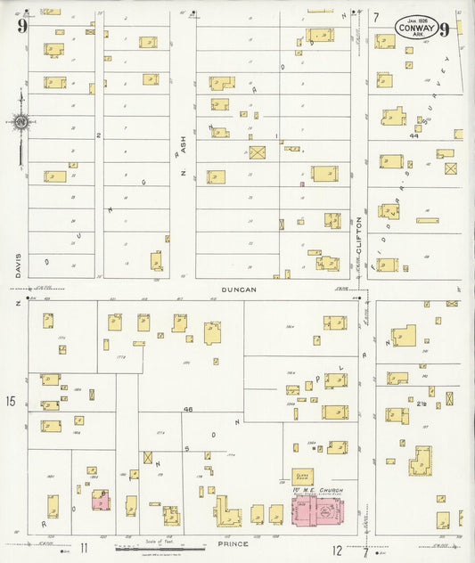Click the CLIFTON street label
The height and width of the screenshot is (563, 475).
(x=362, y=232)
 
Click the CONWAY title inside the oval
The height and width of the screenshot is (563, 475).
(x=417, y=28)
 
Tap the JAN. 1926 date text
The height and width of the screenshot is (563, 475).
(x=417, y=18)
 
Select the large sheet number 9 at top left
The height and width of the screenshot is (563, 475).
(x=21, y=26)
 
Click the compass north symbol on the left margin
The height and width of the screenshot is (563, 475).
(x=20, y=121)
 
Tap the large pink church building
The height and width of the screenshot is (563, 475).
(x=319, y=512)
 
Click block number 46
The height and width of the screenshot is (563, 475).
(x=188, y=409)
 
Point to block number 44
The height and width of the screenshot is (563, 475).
(x=414, y=136)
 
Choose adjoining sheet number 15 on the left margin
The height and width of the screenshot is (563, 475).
(x=10, y=403)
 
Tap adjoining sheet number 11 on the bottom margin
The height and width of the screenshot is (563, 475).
(x=84, y=548)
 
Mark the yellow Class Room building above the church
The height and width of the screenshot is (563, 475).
(x=302, y=477)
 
